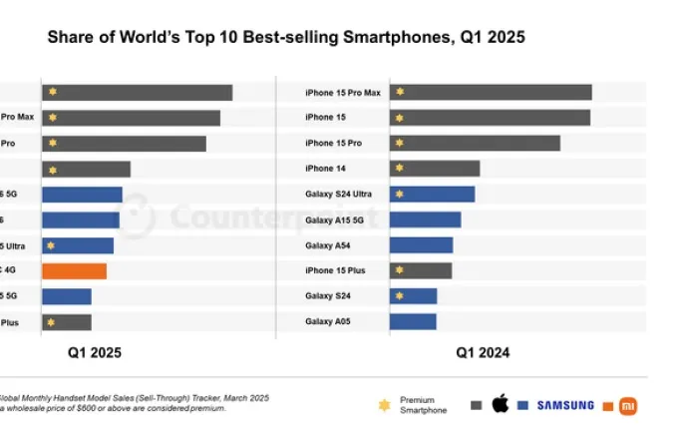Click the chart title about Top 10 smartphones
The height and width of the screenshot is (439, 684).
pyautogui.click(x=286, y=37)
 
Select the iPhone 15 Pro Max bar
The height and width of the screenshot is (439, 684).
pyautogui.click(x=491, y=92)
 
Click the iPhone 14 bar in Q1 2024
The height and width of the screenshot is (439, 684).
pyautogui.click(x=435, y=169)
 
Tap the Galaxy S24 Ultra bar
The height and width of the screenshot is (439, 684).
pyautogui.click(x=432, y=194)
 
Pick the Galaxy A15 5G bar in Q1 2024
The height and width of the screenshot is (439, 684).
pyautogui.click(x=425, y=219)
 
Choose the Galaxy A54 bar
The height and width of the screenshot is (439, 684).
pyautogui.click(x=421, y=245)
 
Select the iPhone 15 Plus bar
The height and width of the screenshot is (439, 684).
pyautogui.click(x=421, y=270)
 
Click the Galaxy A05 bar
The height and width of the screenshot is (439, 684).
pyautogui.click(x=413, y=321)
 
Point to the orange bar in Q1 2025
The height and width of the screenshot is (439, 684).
pyautogui.click(x=74, y=270)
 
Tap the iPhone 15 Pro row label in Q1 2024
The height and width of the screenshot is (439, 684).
pyautogui.click(x=333, y=144)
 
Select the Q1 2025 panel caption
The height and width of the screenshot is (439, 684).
pyautogui.click(x=95, y=352)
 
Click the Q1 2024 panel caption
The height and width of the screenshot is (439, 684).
pyautogui.click(x=484, y=352)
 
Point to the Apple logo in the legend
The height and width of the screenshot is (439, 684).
pyautogui.click(x=501, y=404)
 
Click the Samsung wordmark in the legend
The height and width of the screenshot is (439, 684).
pyautogui.click(x=565, y=405)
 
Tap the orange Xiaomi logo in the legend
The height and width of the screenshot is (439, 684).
pyautogui.click(x=628, y=405)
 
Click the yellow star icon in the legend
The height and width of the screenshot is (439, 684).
pyautogui.click(x=384, y=405)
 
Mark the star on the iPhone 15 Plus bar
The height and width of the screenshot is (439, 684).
pyautogui.click(x=399, y=270)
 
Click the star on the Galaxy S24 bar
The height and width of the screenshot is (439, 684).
pyautogui.click(x=399, y=296)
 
